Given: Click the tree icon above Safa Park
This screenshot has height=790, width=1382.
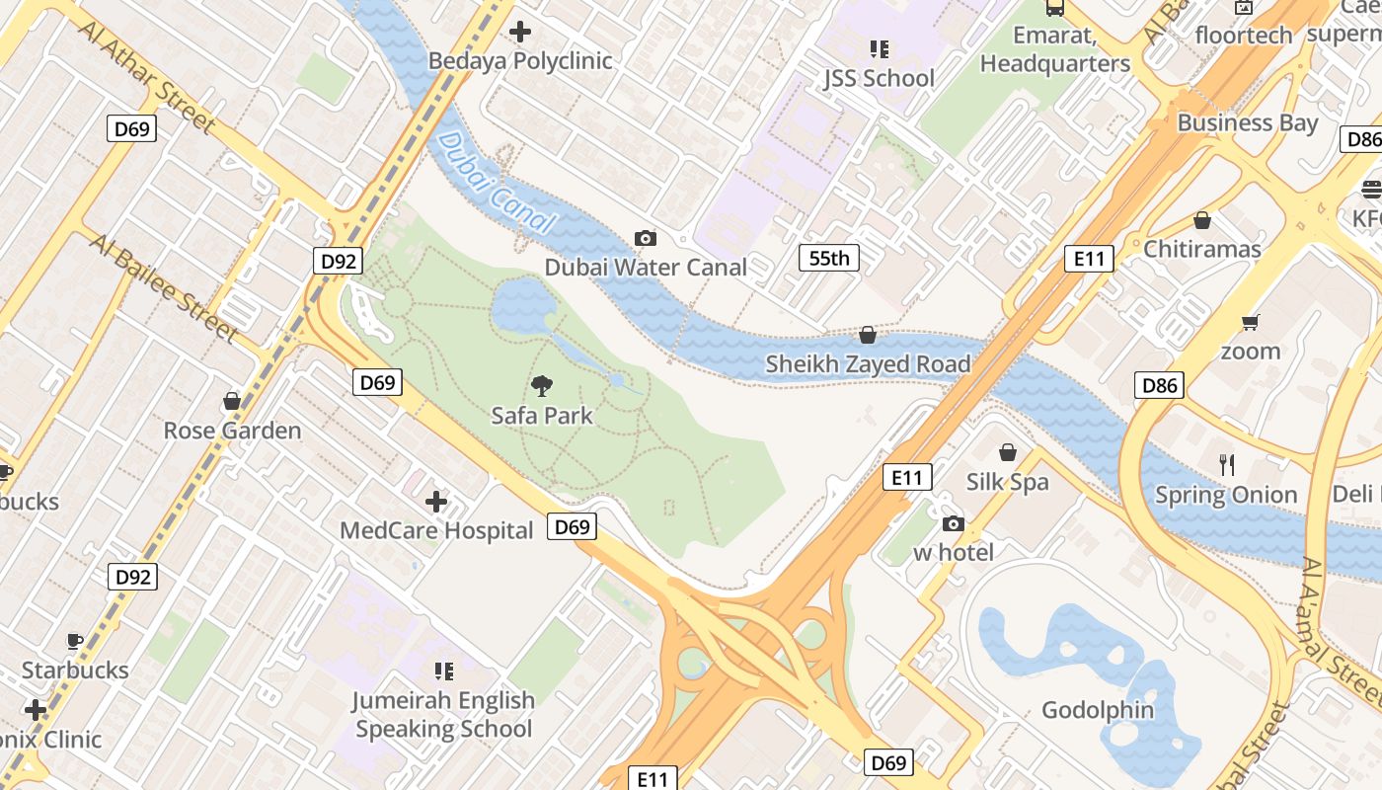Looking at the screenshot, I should click(542, 386).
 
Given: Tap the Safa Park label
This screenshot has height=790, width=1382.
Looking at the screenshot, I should click(542, 416).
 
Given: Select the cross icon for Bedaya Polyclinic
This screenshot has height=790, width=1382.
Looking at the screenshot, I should click(520, 32).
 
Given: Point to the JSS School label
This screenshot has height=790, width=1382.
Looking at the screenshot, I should click(879, 78).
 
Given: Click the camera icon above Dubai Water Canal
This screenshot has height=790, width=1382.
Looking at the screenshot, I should click(646, 238).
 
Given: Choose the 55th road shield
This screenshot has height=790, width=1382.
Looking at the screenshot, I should click(828, 259).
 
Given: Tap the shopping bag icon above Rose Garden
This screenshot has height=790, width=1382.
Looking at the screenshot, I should click(232, 401).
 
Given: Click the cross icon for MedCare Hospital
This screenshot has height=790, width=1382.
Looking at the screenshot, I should click(436, 502).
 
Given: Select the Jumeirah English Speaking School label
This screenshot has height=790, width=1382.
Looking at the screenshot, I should click(444, 715).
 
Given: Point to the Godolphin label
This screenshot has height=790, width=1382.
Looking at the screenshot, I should click(1098, 710).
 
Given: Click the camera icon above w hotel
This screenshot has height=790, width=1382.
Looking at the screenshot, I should click(954, 523).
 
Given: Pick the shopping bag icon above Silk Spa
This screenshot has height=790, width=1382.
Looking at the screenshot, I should click(1008, 452).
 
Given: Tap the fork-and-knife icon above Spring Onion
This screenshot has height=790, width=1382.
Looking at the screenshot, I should click(1227, 465).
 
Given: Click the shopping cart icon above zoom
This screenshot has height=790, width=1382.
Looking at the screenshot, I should click(1251, 322).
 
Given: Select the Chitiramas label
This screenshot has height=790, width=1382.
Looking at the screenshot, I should click(1202, 249).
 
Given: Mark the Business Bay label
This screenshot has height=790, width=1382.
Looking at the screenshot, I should click(1248, 123).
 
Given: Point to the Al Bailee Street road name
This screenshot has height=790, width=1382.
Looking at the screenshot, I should click(163, 287).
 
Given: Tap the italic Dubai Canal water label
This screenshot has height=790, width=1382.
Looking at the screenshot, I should click(494, 184).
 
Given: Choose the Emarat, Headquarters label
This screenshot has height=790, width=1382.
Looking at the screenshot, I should click(1055, 49).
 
